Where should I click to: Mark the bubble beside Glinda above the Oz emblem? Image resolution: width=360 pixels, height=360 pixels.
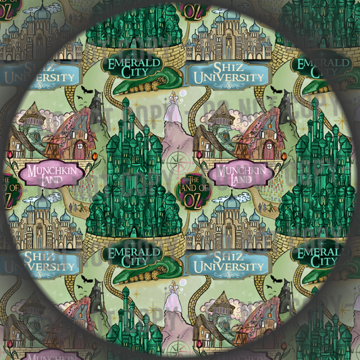pos(182,93)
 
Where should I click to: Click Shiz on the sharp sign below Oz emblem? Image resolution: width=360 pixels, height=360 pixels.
pos(234,257)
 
